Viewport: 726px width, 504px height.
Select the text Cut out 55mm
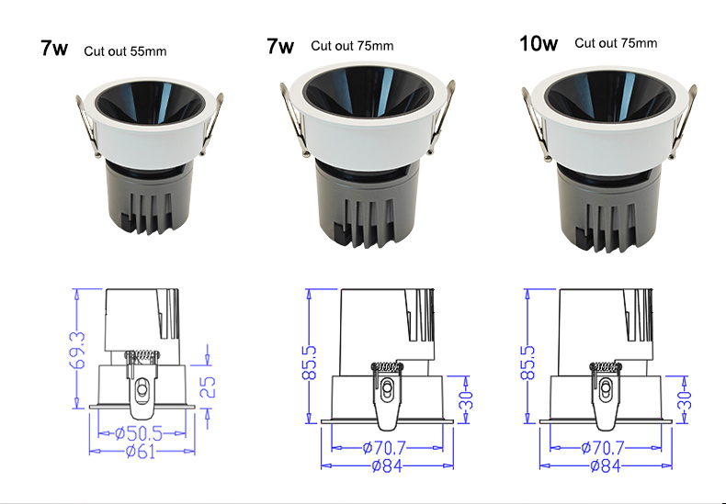tap(125, 50)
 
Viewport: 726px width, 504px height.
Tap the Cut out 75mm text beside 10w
tap(616, 43)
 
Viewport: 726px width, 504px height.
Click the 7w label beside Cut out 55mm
tap(54, 49)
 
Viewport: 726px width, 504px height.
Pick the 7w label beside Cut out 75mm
tap(280, 46)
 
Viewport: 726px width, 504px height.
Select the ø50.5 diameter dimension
tap(137, 431)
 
